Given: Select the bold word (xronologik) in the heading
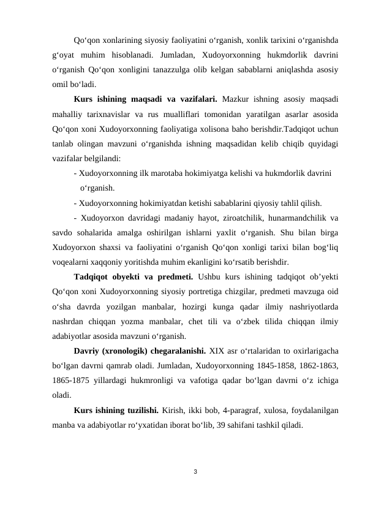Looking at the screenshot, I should coord(124,351).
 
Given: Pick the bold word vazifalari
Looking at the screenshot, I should coord(195,98).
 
